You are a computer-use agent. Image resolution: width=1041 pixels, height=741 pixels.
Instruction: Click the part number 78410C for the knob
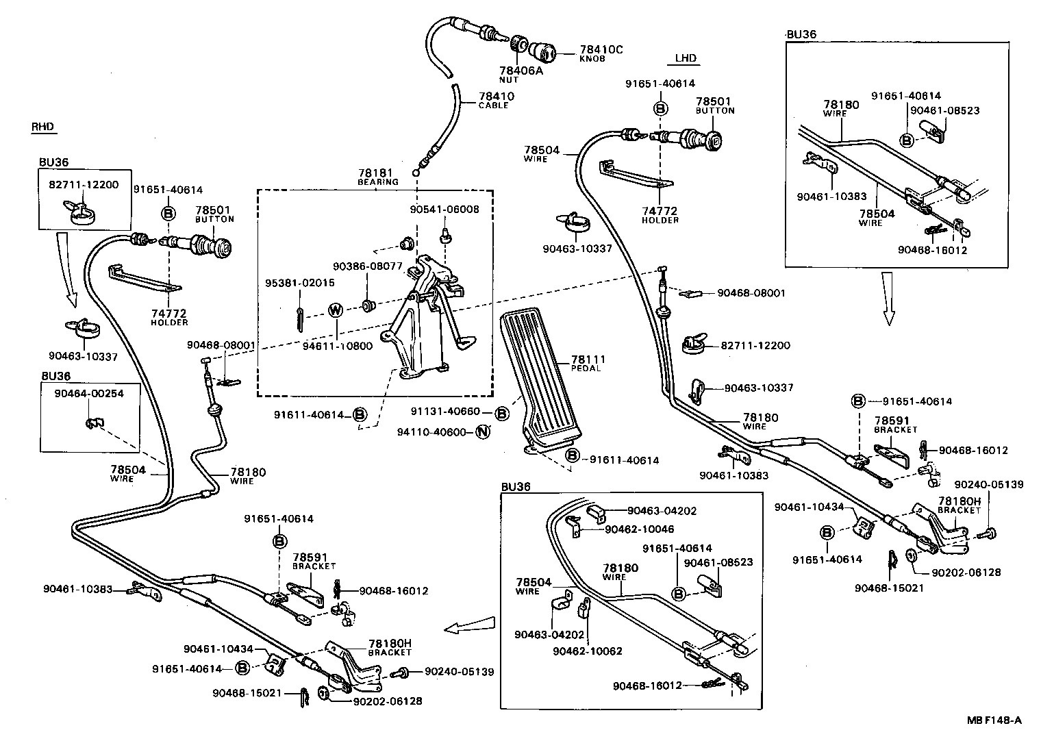tap(601, 49)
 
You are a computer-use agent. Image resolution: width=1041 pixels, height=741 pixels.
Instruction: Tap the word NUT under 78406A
tap(509, 80)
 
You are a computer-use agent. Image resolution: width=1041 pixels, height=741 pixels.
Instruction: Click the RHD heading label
tap(42, 127)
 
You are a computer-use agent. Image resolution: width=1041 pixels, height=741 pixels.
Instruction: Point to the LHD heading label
tap(686, 58)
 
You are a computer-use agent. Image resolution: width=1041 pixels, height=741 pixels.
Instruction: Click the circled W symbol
tap(335, 310)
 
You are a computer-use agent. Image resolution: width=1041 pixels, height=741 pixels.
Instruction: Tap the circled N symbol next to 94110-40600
tap(483, 432)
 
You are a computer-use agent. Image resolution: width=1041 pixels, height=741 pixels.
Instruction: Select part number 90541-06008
tap(444, 210)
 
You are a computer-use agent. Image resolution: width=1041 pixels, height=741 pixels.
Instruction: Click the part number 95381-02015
tap(300, 283)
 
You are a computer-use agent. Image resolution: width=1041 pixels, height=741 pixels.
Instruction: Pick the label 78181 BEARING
tap(377, 177)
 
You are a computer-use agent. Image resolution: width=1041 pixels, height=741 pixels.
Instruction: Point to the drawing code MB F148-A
tap(994, 720)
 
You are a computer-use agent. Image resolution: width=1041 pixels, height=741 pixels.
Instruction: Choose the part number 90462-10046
tap(640, 529)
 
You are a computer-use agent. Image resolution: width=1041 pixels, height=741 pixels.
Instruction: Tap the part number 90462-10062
tap(588, 651)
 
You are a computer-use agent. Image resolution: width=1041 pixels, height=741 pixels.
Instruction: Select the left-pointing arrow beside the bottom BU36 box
tap(468, 625)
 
